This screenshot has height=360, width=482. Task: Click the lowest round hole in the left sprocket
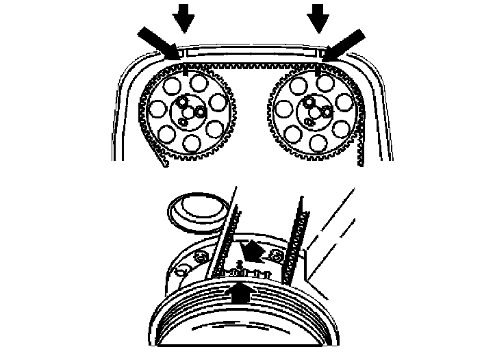(x=191, y=143)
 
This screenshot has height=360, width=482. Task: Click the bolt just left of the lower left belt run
(x=201, y=257)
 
